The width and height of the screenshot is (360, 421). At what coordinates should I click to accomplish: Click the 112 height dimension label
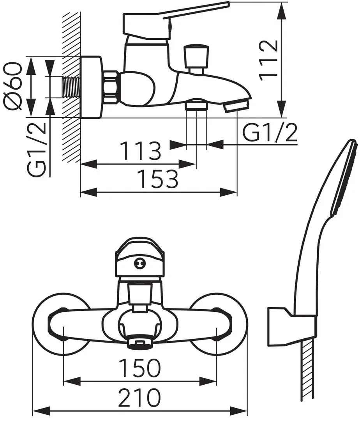[268, 60]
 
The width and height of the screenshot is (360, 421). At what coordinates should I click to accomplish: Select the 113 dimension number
[141, 150]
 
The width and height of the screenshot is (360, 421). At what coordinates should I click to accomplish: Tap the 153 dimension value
[157, 179]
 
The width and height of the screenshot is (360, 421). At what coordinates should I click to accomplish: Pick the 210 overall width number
[139, 397]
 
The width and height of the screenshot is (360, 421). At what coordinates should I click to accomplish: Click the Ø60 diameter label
[12, 86]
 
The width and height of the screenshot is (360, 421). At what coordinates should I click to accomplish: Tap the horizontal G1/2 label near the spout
[270, 133]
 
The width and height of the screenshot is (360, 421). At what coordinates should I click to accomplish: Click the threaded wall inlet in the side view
[71, 87]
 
